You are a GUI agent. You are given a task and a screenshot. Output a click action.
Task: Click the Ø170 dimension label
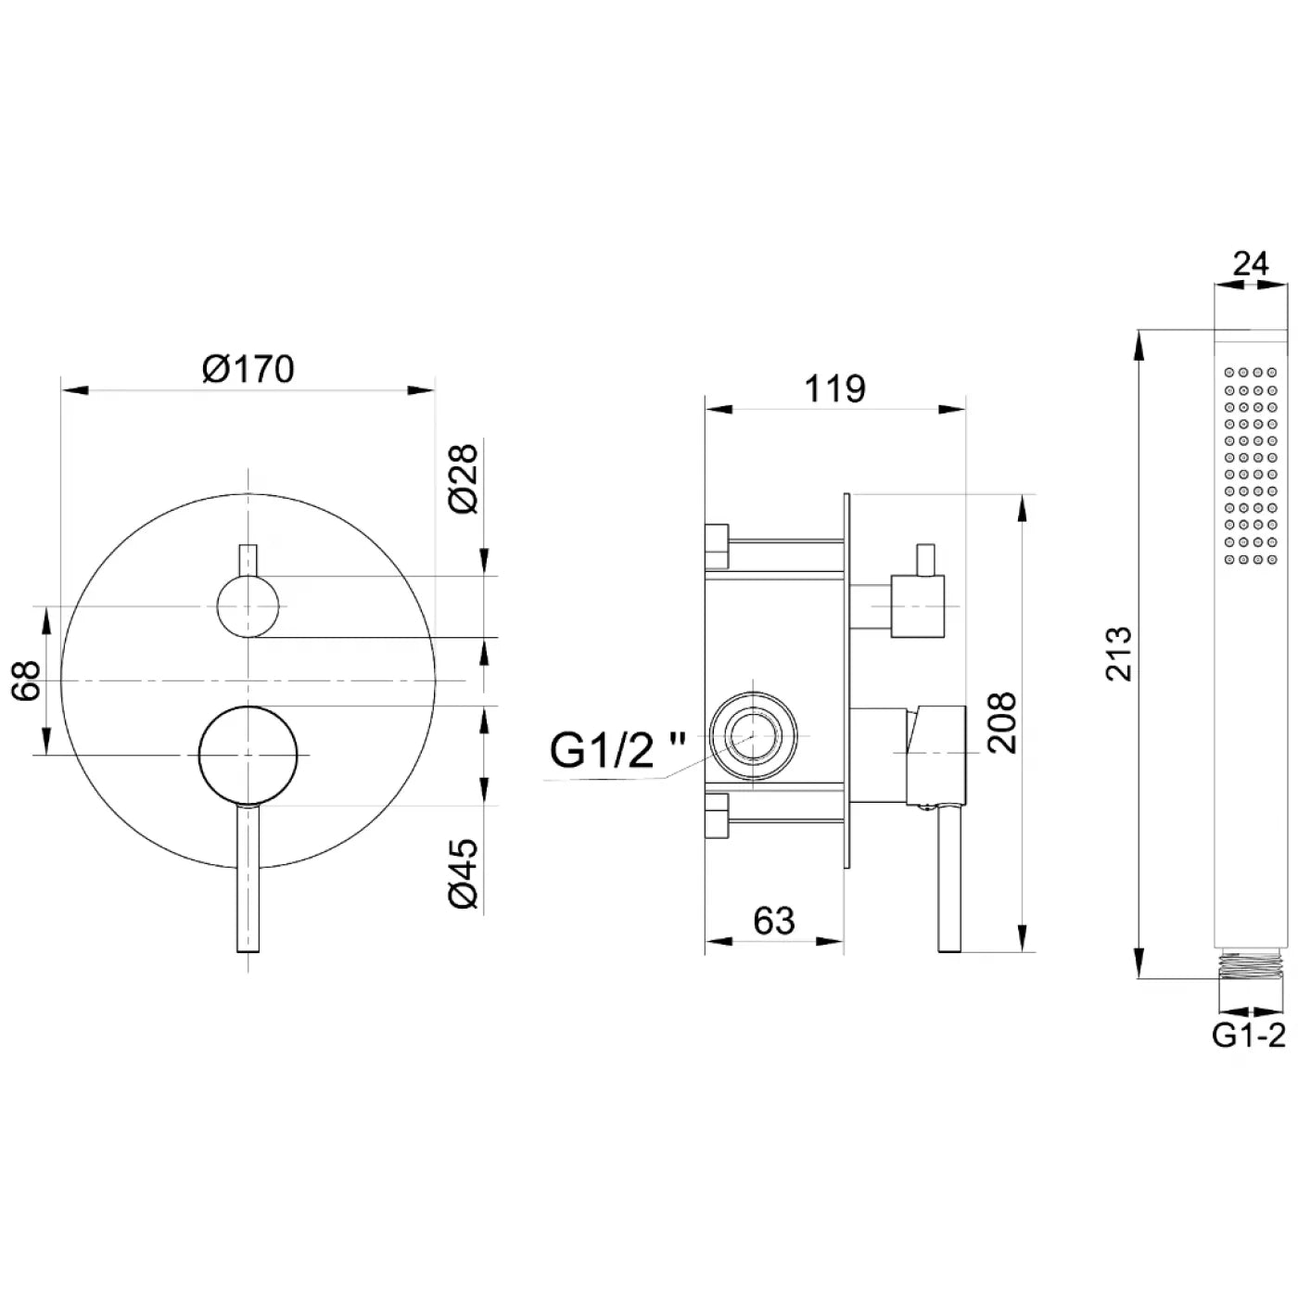248,369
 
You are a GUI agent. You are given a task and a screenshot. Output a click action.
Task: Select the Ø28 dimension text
464,479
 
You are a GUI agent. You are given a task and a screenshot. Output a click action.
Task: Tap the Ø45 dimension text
464,873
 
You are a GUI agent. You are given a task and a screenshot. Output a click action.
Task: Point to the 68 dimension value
27,681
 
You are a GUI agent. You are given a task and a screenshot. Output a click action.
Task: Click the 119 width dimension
835,388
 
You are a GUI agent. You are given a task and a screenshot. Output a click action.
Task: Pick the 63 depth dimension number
774,921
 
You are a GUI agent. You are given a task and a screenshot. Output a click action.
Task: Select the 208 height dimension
1001,722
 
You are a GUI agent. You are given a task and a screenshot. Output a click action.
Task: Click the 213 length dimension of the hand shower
1119,654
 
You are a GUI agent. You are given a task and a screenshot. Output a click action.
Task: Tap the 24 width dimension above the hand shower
1250,263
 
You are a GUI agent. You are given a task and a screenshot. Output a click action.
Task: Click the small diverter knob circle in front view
248,607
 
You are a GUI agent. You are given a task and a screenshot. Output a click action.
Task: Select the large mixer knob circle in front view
248,755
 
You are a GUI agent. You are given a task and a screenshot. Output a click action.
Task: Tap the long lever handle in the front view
248,878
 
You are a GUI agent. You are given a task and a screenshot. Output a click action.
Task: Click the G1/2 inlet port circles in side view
754,736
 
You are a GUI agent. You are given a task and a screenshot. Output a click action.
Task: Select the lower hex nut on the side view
717,817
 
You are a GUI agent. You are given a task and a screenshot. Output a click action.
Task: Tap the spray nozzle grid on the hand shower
1250,465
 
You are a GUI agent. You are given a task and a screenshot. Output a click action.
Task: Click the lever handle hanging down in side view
948,878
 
